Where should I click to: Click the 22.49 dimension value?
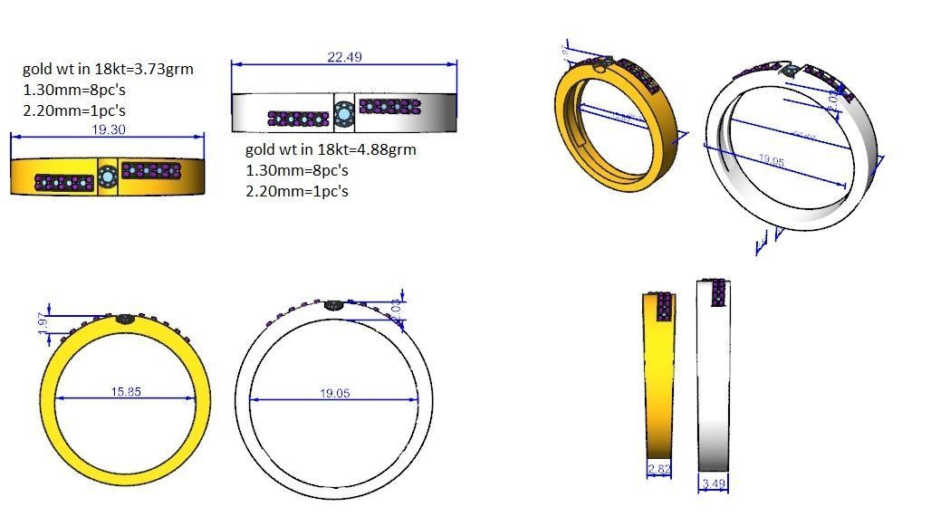(344, 56)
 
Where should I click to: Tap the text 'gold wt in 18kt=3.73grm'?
(108, 69)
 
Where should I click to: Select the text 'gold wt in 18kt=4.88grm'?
(331, 149)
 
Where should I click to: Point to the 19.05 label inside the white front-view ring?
(334, 394)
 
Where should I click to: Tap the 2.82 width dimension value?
(658, 470)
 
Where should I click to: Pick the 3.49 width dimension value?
(714, 484)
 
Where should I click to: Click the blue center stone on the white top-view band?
(343, 113)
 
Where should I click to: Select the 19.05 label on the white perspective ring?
(771, 159)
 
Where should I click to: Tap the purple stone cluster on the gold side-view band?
(663, 307)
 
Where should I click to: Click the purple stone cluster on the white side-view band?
(719, 292)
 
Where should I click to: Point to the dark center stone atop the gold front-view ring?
(125, 319)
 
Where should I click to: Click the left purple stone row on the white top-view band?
(298, 118)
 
